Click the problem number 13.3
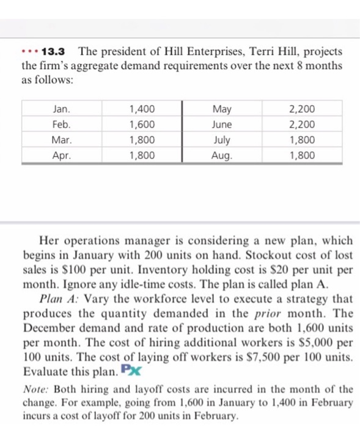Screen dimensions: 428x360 point(56,51)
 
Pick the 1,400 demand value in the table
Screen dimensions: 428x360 point(142,110)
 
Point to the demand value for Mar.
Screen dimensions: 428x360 point(142,140)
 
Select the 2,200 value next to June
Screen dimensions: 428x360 point(302,125)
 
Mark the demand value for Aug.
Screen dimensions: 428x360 point(302,155)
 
